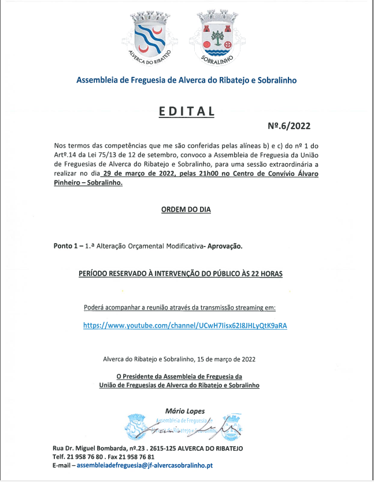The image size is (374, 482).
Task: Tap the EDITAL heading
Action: (186, 112)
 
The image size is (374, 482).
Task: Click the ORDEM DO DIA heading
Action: (186, 209)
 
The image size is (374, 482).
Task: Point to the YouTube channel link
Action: (185, 326)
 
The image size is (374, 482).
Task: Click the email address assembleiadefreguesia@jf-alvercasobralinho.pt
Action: (145, 465)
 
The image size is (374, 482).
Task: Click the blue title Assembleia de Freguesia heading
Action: (186, 80)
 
